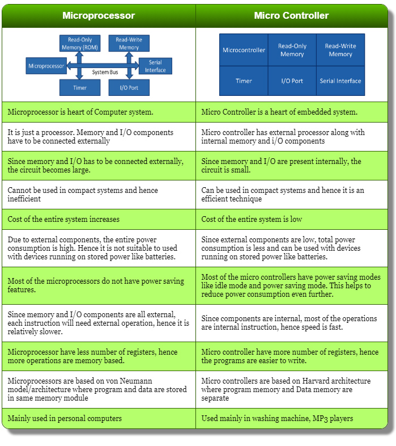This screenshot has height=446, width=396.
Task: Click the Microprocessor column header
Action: [x=99, y=15]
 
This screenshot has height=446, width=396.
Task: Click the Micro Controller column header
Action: [x=291, y=15]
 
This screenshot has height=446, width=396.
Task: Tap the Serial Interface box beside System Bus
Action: [x=155, y=66]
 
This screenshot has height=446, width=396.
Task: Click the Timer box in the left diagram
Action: [x=80, y=88]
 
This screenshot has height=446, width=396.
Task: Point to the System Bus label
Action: [x=108, y=73]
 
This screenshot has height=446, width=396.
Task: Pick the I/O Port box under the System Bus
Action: [x=129, y=88]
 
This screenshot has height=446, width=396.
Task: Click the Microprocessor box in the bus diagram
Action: [x=46, y=66]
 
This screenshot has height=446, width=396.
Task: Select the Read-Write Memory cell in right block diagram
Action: [x=340, y=50]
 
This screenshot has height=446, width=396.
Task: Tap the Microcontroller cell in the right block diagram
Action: [x=244, y=50]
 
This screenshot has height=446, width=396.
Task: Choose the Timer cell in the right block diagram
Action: [x=244, y=81]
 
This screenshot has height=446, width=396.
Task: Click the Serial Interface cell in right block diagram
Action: [x=340, y=81]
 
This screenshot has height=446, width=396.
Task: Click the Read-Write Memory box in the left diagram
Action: [x=129, y=44]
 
